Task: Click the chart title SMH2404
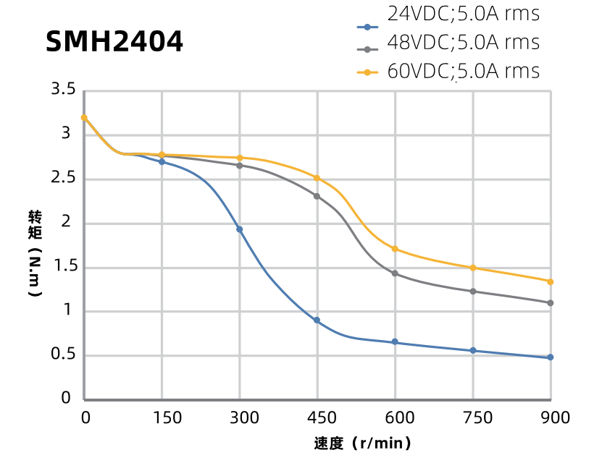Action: (x=114, y=42)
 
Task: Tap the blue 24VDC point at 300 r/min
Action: (x=240, y=229)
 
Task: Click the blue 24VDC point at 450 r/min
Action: (x=317, y=320)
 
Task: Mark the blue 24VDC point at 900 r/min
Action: (x=551, y=357)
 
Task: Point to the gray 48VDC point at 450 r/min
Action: (x=317, y=196)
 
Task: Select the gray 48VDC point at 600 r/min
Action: (x=395, y=273)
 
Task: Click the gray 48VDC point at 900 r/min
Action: (x=551, y=303)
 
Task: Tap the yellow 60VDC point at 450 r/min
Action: (x=317, y=178)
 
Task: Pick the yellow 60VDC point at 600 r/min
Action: (x=395, y=249)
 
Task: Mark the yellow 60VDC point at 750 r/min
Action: (x=473, y=268)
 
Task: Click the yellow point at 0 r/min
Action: (x=84, y=118)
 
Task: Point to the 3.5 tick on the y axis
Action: (x=63, y=90)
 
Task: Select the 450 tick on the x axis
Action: (x=321, y=418)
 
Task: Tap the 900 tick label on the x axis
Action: (x=555, y=418)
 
